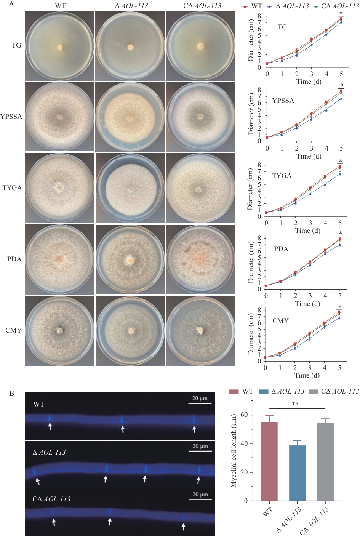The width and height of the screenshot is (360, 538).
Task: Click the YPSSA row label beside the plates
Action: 11,117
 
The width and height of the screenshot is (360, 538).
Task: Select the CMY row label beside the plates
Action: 13,330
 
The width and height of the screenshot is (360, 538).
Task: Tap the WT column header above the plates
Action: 60,6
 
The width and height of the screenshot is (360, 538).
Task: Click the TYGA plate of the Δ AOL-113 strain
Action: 130,188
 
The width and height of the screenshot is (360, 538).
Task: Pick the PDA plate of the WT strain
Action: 59,259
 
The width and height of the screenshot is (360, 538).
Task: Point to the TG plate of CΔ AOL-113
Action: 200,46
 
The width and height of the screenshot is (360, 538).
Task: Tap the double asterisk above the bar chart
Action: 295,404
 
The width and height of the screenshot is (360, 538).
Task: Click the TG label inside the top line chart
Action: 282,27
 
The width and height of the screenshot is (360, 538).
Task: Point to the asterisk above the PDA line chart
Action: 341,234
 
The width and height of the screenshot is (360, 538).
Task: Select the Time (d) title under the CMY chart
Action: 307,375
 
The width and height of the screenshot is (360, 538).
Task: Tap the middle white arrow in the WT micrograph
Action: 123,429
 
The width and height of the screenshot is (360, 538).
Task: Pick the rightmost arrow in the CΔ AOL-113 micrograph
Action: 184,526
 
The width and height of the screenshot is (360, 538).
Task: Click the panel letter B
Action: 12,393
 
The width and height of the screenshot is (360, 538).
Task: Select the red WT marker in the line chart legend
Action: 245,6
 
